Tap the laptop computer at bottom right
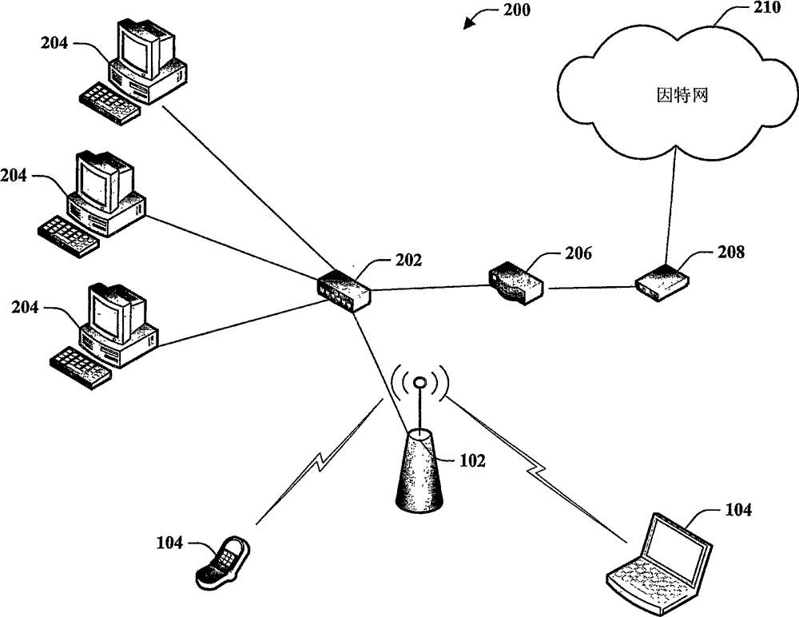(x=658, y=564)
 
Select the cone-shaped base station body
(x=419, y=472)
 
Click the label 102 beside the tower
(x=472, y=460)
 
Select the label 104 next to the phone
(x=171, y=543)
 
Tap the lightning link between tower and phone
(x=320, y=464)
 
